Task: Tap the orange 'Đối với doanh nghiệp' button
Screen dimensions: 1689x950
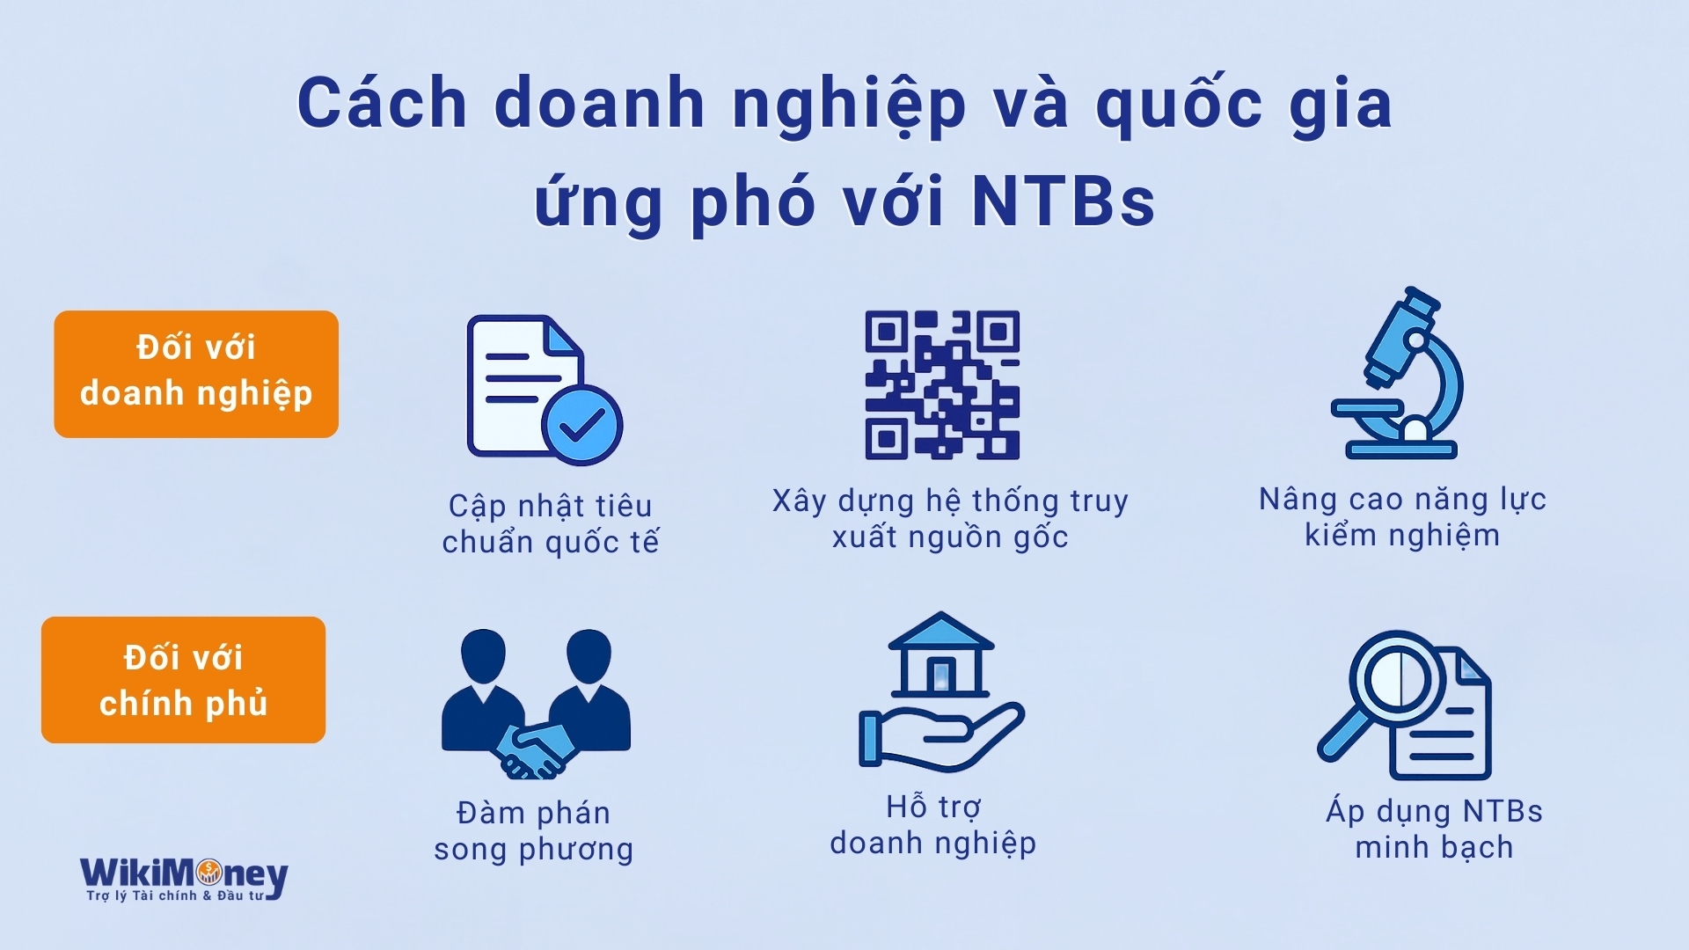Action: click(196, 374)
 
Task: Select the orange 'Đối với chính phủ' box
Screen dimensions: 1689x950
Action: click(183, 680)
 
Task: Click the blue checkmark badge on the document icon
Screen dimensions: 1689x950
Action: click(582, 425)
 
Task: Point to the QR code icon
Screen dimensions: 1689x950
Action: click(942, 384)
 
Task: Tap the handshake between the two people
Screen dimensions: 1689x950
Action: click(534, 749)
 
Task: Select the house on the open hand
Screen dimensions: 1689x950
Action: click(940, 654)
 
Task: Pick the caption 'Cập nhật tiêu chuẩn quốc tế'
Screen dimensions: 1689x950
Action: click(551, 523)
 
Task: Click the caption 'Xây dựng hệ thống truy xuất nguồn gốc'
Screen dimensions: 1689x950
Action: click(950, 518)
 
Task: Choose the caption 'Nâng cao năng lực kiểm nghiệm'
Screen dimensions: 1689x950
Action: click(1402, 516)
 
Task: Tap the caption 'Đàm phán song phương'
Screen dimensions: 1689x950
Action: click(534, 830)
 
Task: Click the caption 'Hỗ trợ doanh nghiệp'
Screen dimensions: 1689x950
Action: click(933, 824)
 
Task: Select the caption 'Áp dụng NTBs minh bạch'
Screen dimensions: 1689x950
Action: click(1435, 829)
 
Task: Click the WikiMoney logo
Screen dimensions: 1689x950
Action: click(184, 879)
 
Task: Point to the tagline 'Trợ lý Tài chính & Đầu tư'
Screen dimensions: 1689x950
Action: click(175, 895)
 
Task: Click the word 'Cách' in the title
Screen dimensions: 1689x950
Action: click(382, 103)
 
